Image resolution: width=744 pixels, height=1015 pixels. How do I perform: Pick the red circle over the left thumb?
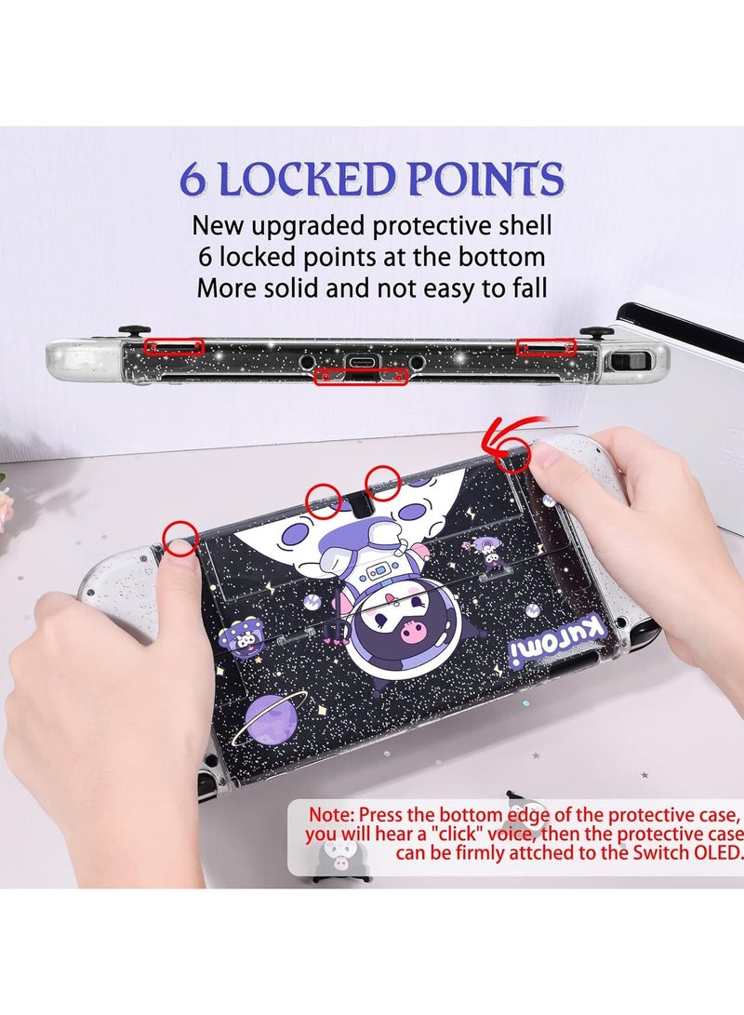click(180, 538)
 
